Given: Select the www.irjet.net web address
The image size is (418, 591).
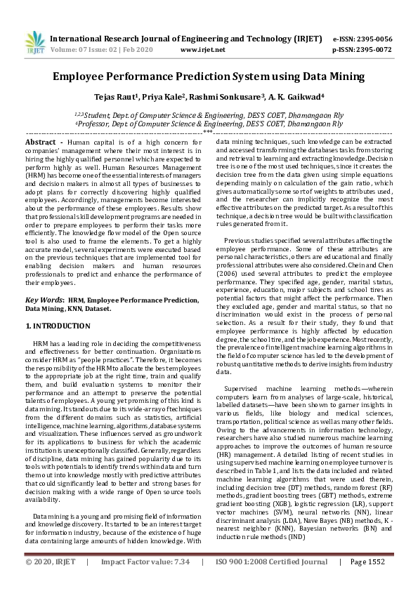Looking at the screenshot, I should click(x=203, y=50).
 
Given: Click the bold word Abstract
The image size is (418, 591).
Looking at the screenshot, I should click(x=41, y=142).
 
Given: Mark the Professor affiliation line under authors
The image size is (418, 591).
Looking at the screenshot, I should click(x=209, y=124).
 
